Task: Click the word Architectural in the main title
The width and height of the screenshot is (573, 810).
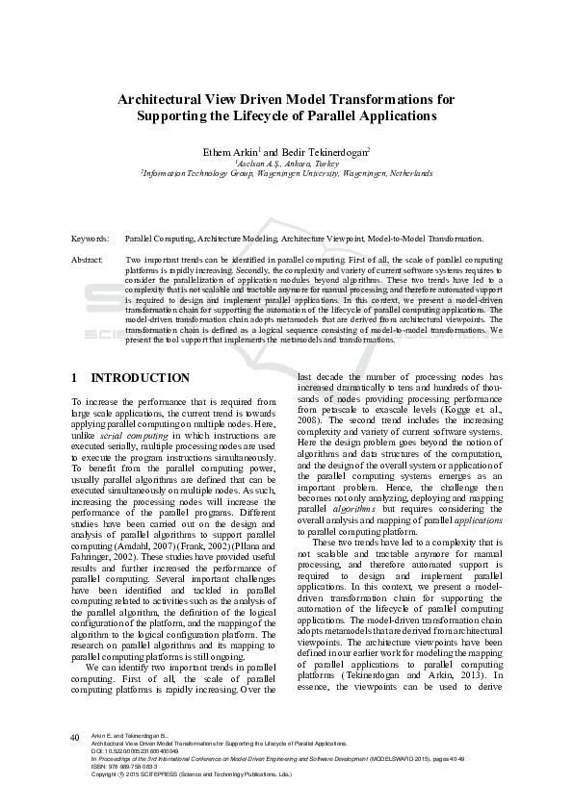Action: click(157, 98)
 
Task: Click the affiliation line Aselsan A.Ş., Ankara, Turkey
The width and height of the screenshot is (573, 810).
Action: click(287, 164)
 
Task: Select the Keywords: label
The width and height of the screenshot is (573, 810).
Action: click(91, 237)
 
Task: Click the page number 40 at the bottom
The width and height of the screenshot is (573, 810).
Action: click(74, 737)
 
